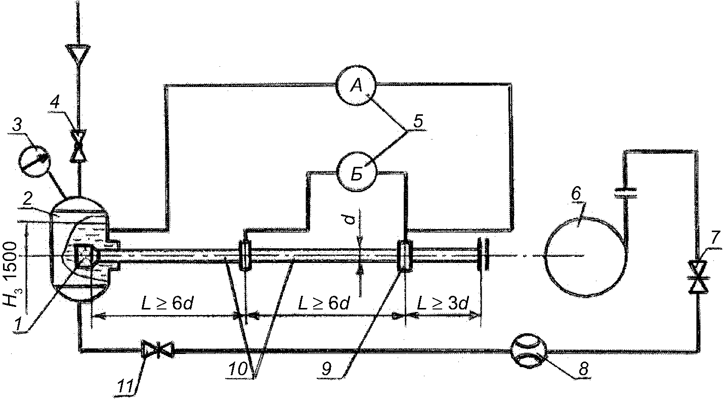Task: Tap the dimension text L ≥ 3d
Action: coord(443,304)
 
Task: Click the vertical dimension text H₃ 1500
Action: coord(11,274)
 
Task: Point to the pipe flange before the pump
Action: coord(483,255)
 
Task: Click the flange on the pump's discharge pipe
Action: coord(625,193)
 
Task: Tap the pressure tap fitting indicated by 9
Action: coord(405,255)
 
